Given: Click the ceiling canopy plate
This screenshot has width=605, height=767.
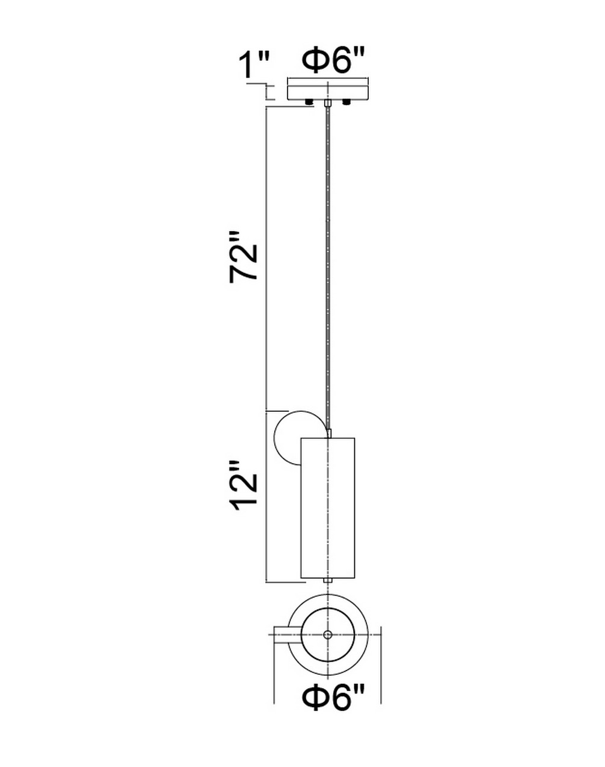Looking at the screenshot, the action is coord(327,92).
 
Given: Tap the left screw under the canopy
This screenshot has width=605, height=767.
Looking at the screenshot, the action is coord(309,103).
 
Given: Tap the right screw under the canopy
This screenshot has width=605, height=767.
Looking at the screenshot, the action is coord(346,103).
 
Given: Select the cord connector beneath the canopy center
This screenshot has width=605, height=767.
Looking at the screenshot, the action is coord(327,103).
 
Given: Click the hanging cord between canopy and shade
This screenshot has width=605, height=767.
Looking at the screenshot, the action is coord(327,268).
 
